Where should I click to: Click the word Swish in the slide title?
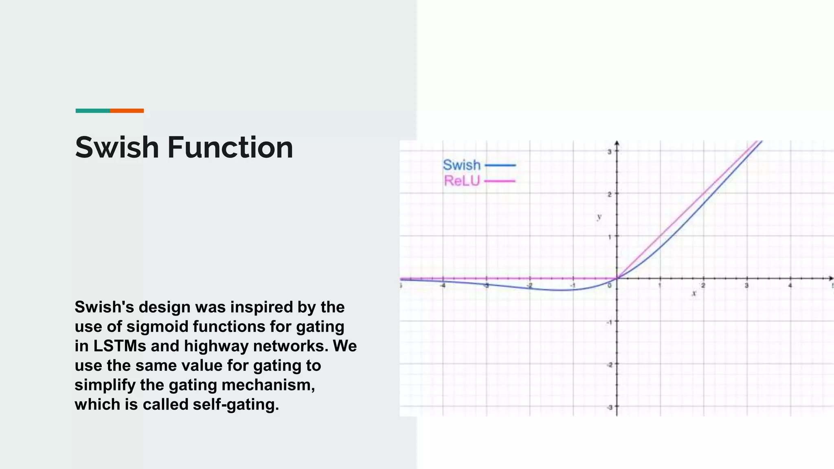(117, 147)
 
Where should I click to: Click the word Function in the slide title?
(230, 147)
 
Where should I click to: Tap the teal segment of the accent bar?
(92, 111)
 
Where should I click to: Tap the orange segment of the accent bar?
(127, 111)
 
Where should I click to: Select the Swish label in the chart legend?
(461, 165)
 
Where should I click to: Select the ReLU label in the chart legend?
(462, 181)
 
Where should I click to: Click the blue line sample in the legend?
(500, 165)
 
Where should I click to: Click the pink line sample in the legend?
(500, 181)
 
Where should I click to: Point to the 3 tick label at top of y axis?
(610, 152)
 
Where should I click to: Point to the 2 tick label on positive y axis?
(610, 195)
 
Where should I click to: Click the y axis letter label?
(599, 217)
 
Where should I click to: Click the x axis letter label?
(694, 293)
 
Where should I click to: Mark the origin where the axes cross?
(617, 278)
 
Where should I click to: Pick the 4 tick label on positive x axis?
(790, 286)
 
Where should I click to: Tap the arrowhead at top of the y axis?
(617, 143)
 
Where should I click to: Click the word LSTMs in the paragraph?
(120, 346)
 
